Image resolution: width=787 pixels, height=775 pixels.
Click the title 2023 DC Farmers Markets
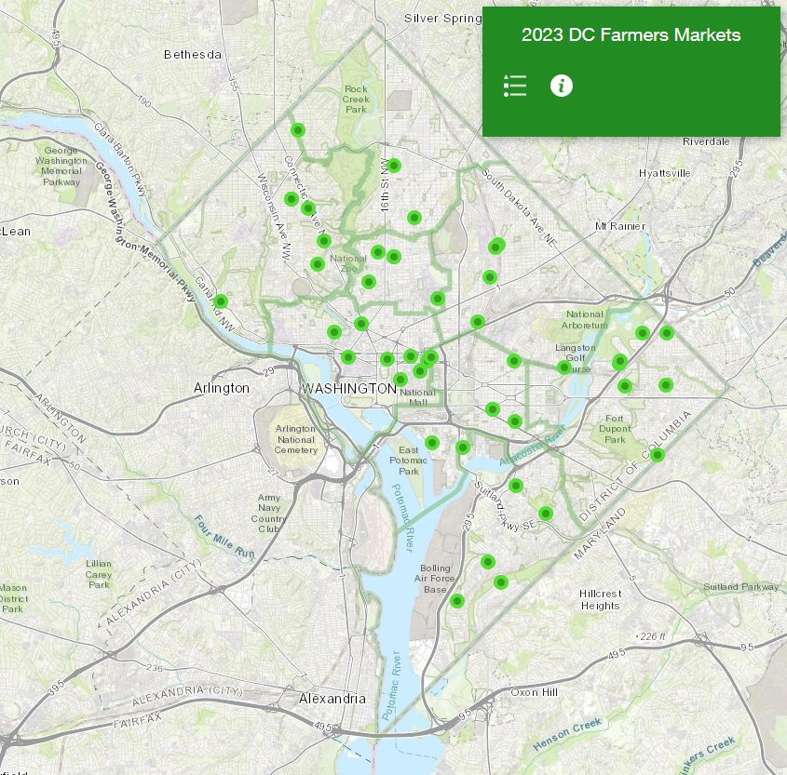point(631,35)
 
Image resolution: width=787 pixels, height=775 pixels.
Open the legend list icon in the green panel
point(515,86)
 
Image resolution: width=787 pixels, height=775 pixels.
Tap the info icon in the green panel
point(561,86)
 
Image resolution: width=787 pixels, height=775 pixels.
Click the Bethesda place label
point(193,54)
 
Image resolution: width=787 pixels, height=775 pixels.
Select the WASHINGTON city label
point(349,387)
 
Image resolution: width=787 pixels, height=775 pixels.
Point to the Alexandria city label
point(332,698)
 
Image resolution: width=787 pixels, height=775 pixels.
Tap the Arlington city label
point(222,387)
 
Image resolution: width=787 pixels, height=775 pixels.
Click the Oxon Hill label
point(534,692)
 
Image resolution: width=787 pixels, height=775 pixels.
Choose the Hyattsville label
point(665,173)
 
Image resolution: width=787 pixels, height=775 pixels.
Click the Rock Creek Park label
point(356,99)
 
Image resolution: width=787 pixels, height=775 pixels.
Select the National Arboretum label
point(585,320)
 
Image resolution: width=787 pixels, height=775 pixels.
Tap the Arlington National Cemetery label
point(296,439)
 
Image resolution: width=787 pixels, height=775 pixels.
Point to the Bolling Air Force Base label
point(435,579)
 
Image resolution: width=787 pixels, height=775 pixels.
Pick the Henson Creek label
point(569,733)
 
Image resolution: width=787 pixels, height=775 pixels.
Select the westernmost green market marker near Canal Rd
point(221,301)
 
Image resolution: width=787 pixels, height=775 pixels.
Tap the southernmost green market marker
point(456,601)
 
